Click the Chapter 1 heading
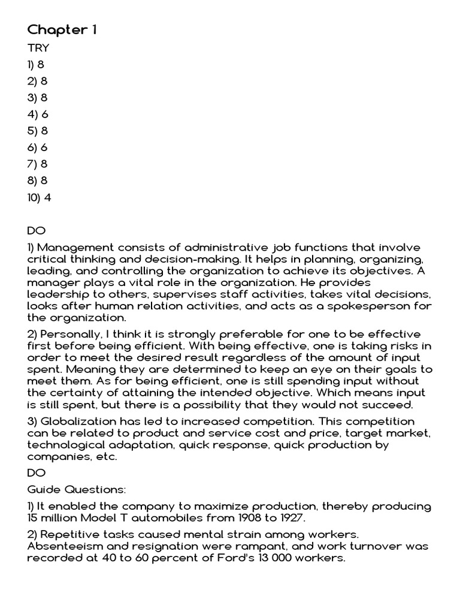62,30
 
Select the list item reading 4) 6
38,114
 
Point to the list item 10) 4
40,197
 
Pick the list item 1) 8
36,65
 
